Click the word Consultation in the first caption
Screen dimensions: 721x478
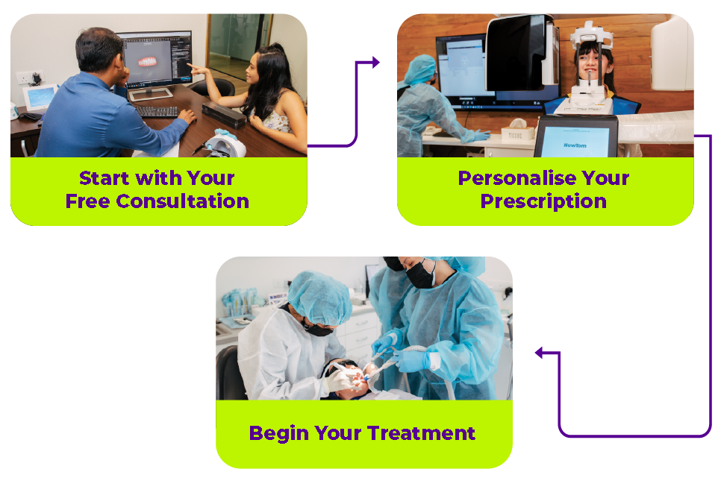[x=183, y=201]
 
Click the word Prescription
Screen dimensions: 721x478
[x=543, y=202]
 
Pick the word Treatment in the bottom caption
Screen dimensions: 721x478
[x=421, y=433]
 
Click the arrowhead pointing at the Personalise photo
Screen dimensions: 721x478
[x=375, y=62]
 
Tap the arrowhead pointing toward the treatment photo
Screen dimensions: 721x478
[x=540, y=353]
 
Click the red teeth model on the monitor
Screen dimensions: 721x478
[x=147, y=62]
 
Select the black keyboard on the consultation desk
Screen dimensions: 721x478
[x=157, y=111]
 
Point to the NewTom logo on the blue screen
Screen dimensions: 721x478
[x=575, y=145]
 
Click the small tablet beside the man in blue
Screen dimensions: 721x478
[x=40, y=97]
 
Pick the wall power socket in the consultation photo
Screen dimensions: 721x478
[x=29, y=78]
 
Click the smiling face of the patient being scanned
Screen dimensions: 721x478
[x=590, y=63]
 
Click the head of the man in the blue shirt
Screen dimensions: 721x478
[x=100, y=51]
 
